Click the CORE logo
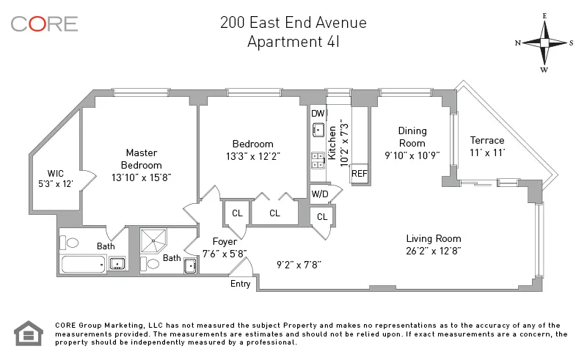(44, 23)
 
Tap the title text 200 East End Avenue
(293, 22)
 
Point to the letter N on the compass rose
(518, 43)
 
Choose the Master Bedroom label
(141, 159)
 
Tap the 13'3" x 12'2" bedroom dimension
(253, 156)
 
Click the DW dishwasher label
(318, 114)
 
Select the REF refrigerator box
(359, 174)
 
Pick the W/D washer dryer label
(319, 194)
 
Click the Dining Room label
(412, 136)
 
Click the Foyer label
(224, 241)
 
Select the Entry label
(240, 284)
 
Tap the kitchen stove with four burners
(318, 160)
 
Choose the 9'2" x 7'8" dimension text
(299, 263)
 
